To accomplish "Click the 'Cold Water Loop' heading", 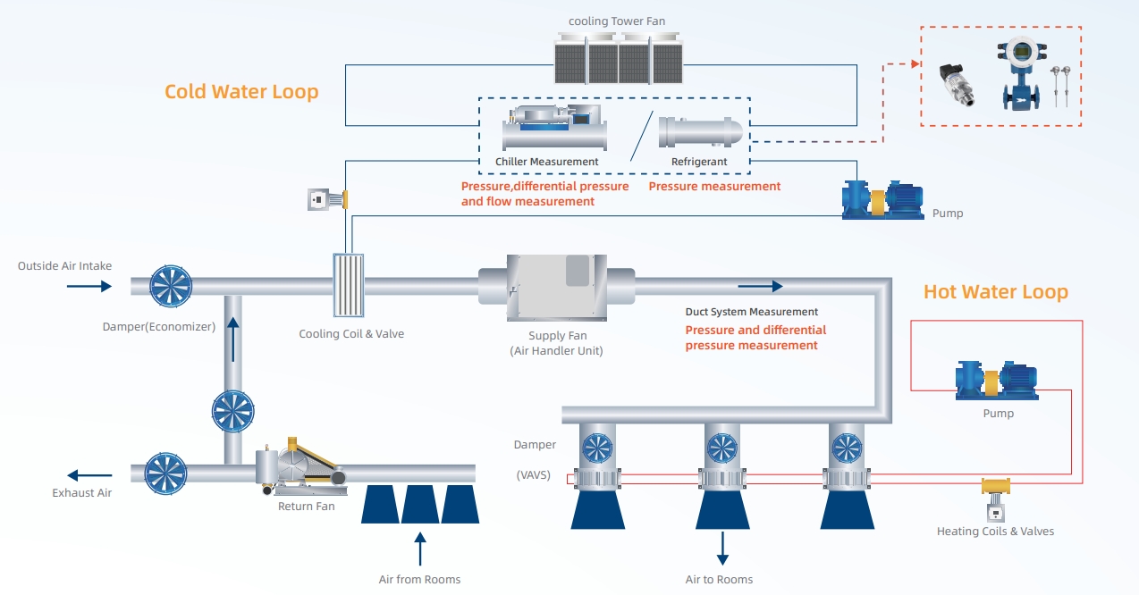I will [241, 92].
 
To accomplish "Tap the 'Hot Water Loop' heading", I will [995, 292].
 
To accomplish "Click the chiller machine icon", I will [554, 129].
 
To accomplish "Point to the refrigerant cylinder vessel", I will [700, 131].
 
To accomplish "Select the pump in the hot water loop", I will [996, 381].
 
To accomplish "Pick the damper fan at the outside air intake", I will [171, 286].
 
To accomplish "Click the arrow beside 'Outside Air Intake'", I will [89, 286].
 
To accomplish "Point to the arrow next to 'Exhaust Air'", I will [89, 475].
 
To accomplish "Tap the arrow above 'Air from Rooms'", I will [420, 549].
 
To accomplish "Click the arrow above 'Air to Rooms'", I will [722, 549].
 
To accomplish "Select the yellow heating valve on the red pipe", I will [995, 487].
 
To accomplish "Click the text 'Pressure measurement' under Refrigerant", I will [714, 187].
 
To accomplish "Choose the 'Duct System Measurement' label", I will [751, 312].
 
